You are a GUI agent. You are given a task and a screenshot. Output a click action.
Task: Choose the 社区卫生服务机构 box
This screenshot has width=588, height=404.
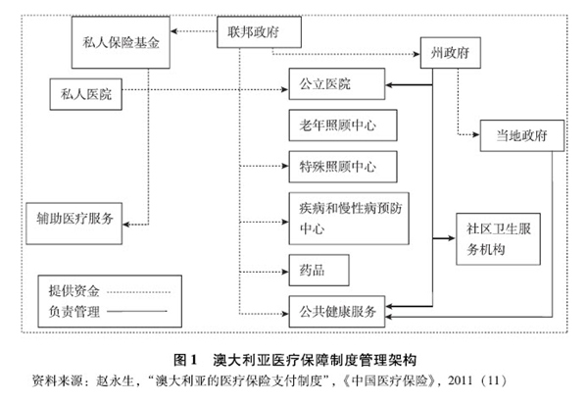(x=500, y=237)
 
